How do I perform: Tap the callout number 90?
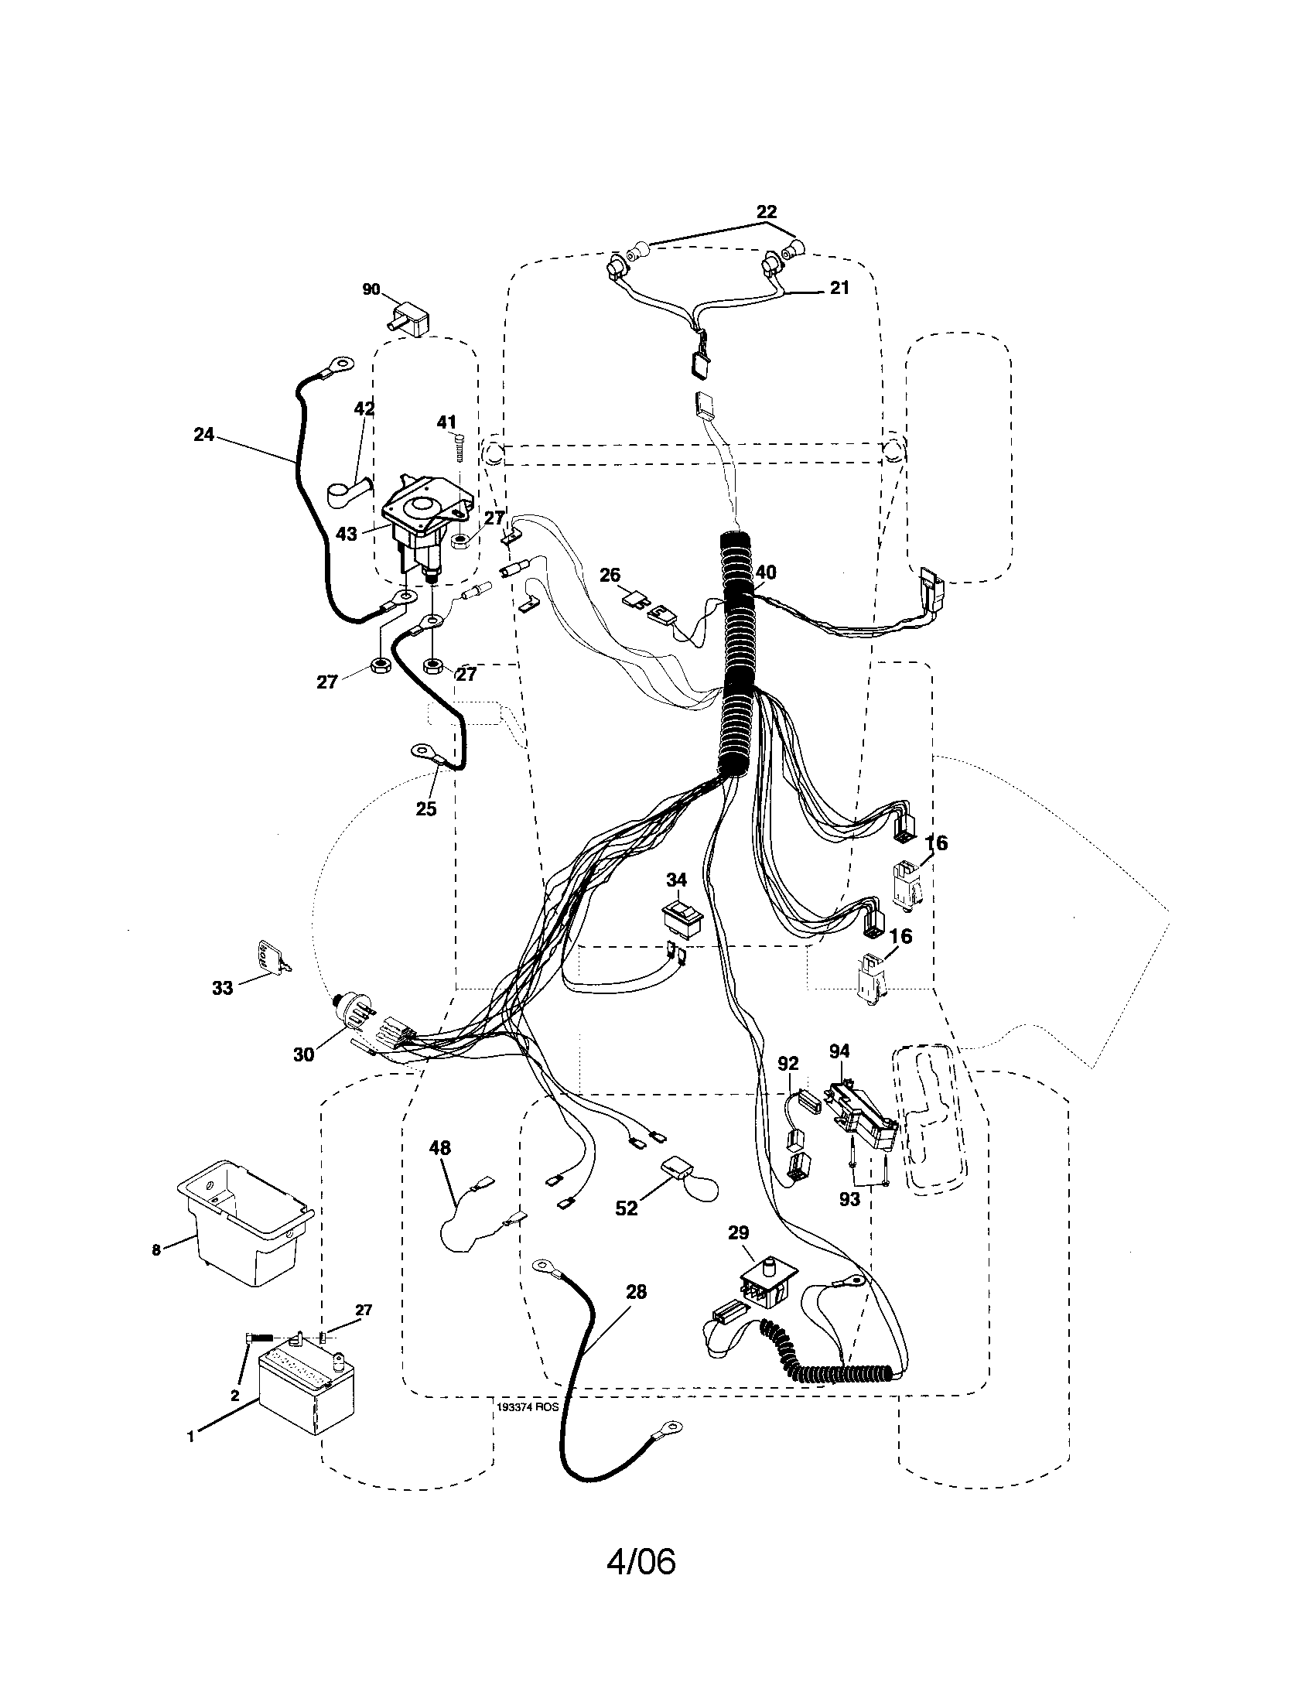point(371,290)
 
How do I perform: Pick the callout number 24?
point(203,435)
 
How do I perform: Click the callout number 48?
point(439,1148)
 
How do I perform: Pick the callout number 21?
point(839,288)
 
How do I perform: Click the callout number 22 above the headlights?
point(767,212)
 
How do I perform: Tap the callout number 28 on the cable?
point(636,1292)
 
